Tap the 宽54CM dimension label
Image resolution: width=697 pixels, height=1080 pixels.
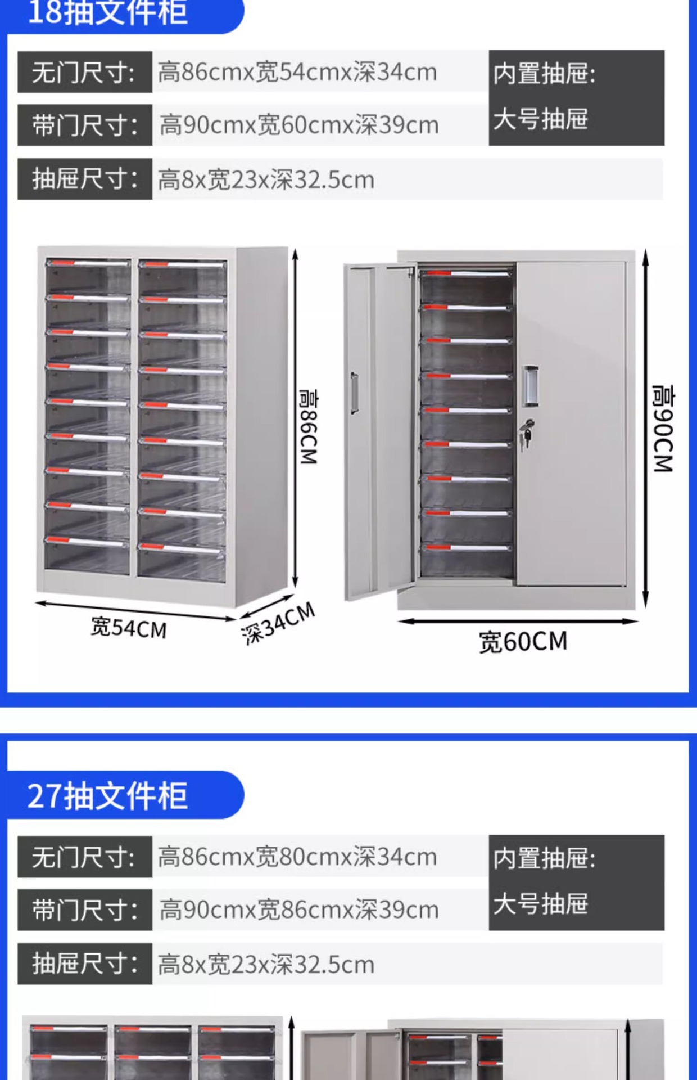[129, 628]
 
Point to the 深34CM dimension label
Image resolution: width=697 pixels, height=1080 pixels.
[278, 623]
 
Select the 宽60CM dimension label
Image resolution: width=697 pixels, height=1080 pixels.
[523, 642]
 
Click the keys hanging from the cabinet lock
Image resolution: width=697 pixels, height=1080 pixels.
[527, 434]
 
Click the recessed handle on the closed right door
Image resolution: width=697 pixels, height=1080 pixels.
[530, 386]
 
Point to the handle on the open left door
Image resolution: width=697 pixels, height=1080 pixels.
[354, 392]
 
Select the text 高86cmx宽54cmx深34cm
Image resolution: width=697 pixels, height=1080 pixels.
[297, 72]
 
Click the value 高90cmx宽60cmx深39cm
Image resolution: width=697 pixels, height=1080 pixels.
[298, 125]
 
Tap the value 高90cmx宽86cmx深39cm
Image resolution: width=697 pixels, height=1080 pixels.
[298, 910]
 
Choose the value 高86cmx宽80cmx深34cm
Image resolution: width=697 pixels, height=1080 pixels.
[297, 857]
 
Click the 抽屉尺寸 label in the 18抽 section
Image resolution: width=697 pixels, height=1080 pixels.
[85, 179]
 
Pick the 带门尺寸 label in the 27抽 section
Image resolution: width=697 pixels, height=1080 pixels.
[85, 910]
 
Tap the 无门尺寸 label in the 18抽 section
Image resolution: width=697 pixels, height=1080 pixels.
[84, 72]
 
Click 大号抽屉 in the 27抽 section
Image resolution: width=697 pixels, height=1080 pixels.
[540, 904]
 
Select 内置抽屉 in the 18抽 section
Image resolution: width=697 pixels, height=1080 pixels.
[544, 74]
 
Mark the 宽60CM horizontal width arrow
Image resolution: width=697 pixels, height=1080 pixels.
[518, 622]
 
